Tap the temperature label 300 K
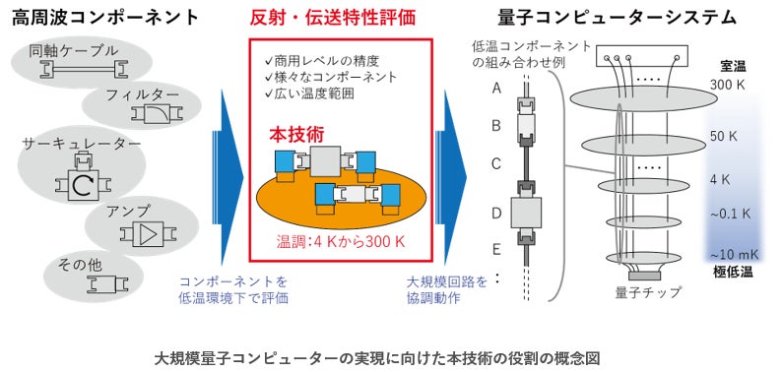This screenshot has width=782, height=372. click(x=726, y=86)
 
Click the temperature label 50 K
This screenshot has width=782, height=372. click(x=724, y=137)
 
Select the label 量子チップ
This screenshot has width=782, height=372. click(x=642, y=291)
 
